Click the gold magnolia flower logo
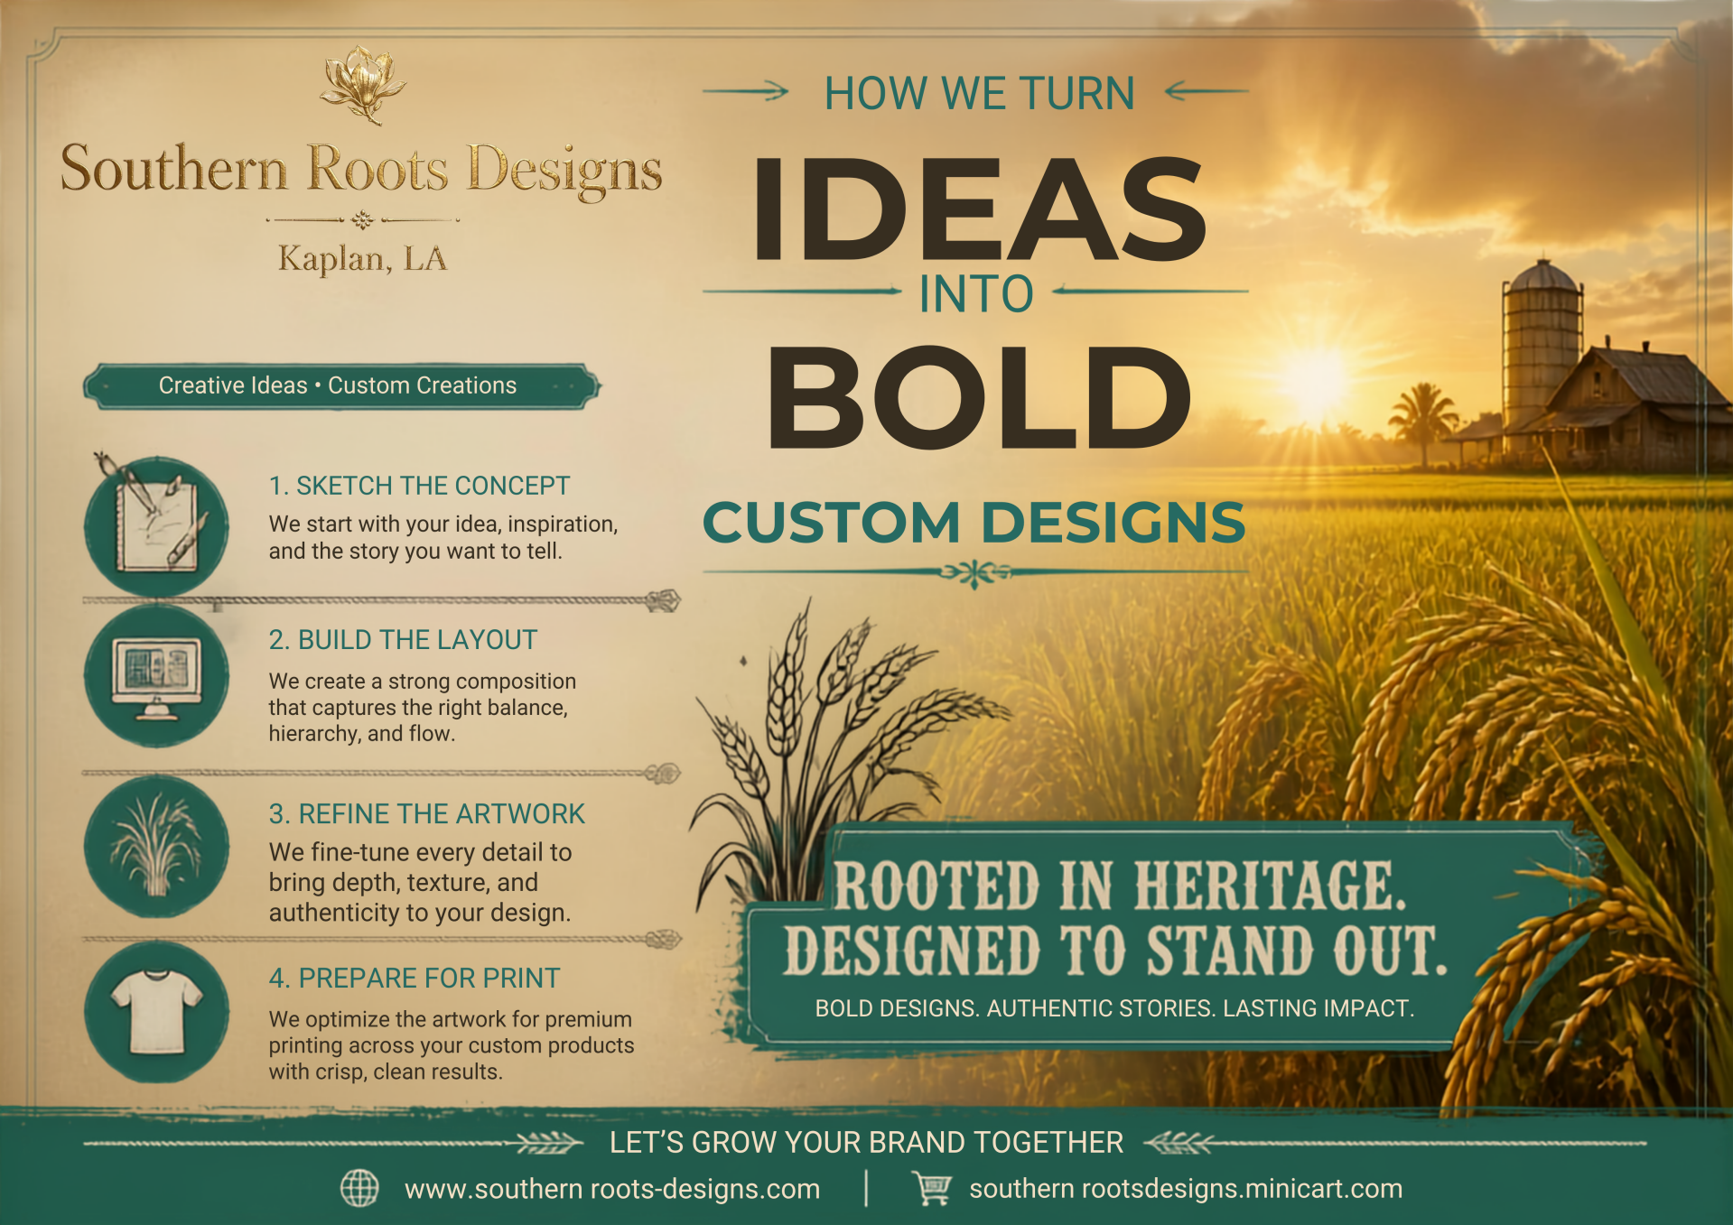363,85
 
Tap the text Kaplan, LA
362,259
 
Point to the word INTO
976,294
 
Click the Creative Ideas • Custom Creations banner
341,386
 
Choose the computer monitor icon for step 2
156,676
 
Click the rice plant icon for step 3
156,848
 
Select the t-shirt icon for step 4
156,1012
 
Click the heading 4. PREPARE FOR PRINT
415,978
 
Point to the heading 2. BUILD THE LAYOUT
403,640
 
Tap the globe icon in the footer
359,1188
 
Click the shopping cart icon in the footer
932,1188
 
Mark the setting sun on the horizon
1316,376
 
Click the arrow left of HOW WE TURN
745,90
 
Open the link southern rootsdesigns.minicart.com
1186,1189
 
